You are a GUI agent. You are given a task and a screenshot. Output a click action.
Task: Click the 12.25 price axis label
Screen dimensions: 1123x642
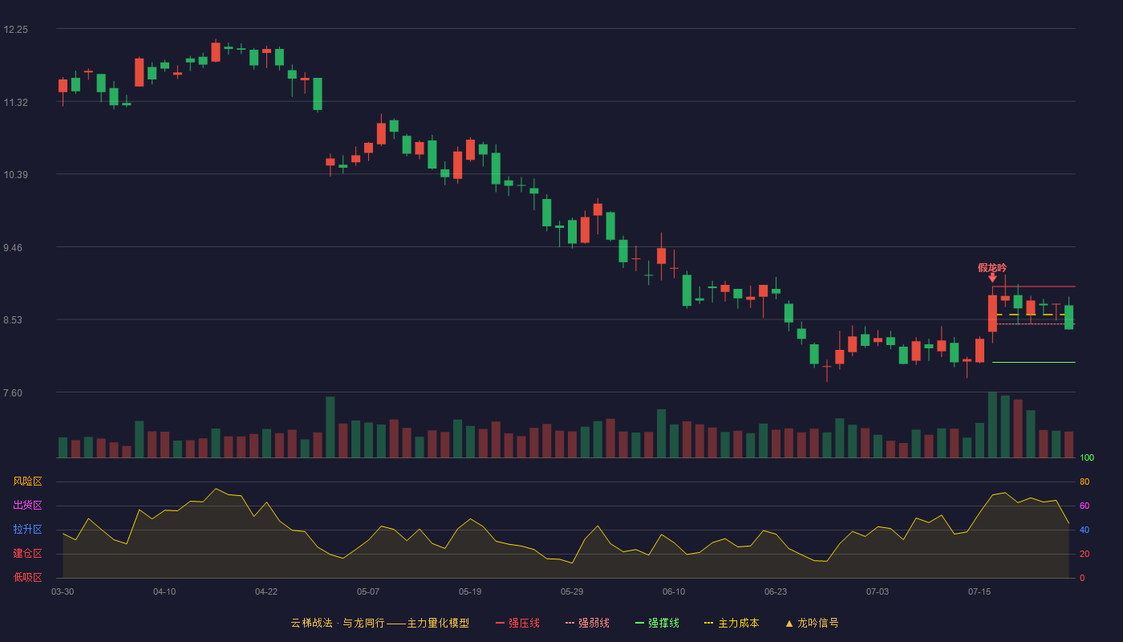[15, 30]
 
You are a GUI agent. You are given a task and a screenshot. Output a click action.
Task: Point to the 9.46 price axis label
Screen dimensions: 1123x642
[13, 248]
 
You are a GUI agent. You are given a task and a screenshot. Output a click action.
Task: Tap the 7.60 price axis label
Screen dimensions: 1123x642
[13, 393]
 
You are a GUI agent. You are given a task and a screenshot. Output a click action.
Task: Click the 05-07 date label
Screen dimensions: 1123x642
[368, 592]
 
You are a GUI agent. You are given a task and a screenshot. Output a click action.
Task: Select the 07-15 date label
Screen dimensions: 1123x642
[979, 592]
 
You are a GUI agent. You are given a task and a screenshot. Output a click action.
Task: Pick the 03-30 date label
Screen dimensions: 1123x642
[63, 592]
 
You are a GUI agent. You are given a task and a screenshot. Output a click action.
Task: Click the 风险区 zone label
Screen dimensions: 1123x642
[27, 481]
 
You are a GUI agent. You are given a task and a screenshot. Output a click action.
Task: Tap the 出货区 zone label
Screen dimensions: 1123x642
[27, 505]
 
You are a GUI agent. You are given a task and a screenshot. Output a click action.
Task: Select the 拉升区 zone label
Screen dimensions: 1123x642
[27, 529]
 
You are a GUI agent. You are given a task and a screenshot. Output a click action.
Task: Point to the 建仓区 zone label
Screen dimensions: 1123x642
[27, 553]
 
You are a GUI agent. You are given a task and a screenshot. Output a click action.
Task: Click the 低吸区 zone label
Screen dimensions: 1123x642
[27, 577]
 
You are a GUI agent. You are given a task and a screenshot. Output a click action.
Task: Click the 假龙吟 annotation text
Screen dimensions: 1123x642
[992, 268]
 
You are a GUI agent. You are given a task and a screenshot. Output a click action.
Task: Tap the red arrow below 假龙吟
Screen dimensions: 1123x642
[992, 278]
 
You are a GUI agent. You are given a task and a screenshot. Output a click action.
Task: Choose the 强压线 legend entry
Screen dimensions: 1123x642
[518, 623]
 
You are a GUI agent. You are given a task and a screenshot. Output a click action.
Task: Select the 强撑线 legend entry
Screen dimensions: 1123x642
[657, 623]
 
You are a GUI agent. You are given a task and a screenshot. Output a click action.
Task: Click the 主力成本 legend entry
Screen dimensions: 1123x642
[732, 623]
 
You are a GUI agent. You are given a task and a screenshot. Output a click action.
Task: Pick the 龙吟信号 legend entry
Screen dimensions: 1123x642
[812, 623]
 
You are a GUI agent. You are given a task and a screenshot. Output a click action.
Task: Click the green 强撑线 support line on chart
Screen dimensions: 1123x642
[1034, 362]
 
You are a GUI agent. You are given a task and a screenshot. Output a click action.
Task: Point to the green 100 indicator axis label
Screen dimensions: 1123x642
[1087, 457]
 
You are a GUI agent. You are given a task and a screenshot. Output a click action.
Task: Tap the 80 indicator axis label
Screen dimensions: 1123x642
[1084, 481]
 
